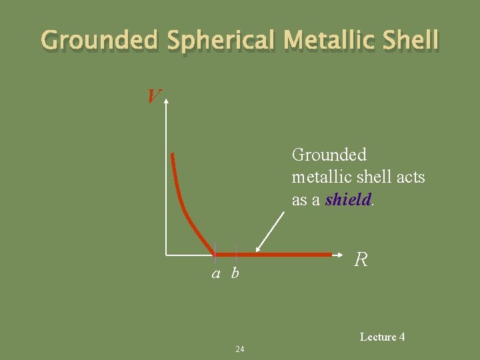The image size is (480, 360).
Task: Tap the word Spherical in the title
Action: pyautogui.click(x=220, y=41)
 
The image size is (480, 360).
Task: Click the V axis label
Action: pyautogui.click(x=153, y=97)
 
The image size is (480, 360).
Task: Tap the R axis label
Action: pyautogui.click(x=361, y=259)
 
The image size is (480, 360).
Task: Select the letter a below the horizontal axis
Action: pyautogui.click(x=216, y=273)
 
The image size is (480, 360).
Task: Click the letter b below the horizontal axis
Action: pyautogui.click(x=235, y=273)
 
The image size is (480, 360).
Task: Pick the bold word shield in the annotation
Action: pyautogui.click(x=347, y=199)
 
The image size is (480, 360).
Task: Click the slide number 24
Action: pyautogui.click(x=240, y=349)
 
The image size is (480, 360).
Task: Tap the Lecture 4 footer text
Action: pyautogui.click(x=382, y=337)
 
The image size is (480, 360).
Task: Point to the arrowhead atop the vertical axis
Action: pyautogui.click(x=166, y=101)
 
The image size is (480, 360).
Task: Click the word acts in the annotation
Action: pyautogui.click(x=411, y=177)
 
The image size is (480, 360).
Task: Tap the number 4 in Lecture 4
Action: pyautogui.click(x=401, y=337)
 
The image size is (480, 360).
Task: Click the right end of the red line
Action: pyautogui.click(x=331, y=254)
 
